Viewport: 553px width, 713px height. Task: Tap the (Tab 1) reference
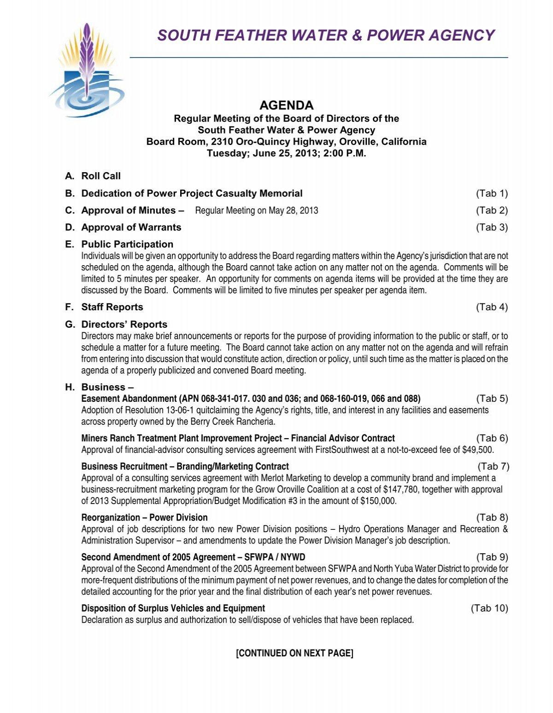point(492,193)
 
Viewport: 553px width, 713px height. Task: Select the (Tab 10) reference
point(489,608)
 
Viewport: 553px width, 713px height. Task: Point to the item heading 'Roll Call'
point(101,176)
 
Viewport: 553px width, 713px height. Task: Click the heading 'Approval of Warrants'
point(131,227)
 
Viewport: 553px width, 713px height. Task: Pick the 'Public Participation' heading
point(127,244)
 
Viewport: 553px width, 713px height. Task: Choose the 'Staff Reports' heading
point(112,307)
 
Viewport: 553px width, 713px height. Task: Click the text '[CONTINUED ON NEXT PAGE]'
point(294,653)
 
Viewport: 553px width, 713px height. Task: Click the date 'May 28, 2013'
point(294,211)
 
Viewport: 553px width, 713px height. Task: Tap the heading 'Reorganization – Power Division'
point(144,517)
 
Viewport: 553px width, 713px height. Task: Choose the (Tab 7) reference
point(493,466)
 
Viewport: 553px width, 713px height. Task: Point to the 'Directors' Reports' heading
point(124,324)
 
